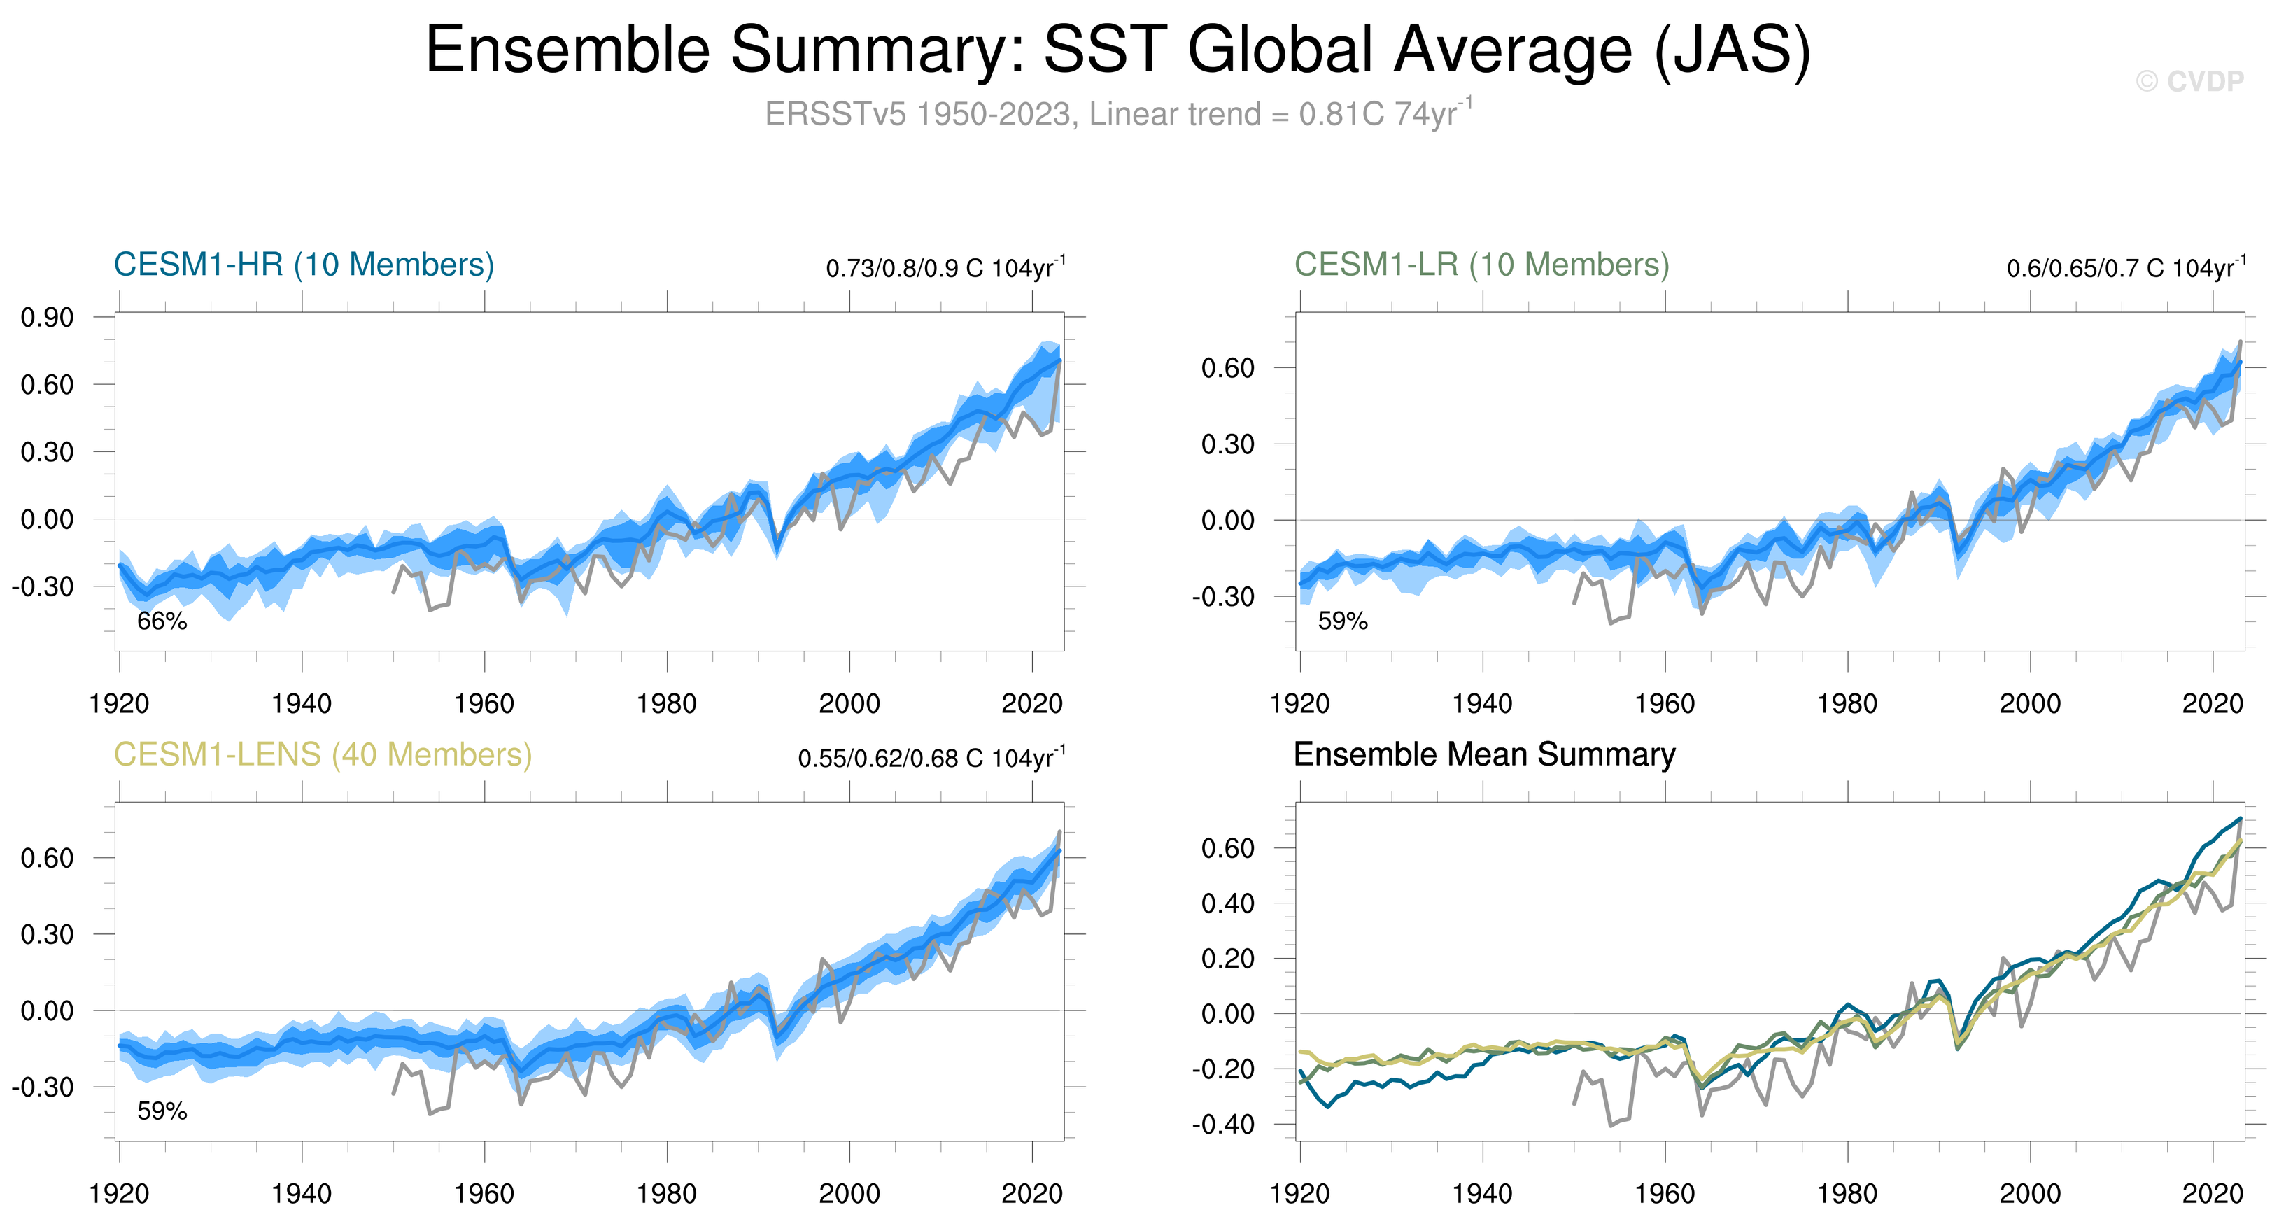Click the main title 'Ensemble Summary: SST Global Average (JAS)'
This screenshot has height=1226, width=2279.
(x=1118, y=50)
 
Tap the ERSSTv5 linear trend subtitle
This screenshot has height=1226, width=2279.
(x=1118, y=114)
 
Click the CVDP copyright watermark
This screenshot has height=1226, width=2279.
(x=2189, y=81)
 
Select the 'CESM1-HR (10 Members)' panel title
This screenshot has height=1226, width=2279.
(x=304, y=265)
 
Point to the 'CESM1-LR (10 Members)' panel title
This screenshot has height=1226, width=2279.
(x=1482, y=265)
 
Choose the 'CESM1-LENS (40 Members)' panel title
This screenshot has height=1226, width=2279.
(x=323, y=754)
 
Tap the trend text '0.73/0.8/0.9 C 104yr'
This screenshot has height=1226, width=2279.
(x=945, y=268)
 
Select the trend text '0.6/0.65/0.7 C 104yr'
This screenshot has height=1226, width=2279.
(x=2125, y=268)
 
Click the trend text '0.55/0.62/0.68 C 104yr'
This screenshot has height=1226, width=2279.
(x=931, y=758)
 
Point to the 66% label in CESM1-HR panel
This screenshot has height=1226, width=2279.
(x=162, y=621)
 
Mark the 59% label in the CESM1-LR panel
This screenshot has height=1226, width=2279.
(x=1343, y=621)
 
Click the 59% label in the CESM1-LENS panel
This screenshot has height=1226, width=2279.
(x=162, y=1111)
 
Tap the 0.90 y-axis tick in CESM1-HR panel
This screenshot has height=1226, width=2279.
(x=48, y=318)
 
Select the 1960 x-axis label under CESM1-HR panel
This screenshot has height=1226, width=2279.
(x=484, y=704)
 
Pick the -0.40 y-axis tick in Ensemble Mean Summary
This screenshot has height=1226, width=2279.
(x=1224, y=1125)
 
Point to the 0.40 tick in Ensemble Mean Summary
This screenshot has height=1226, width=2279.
(x=1228, y=903)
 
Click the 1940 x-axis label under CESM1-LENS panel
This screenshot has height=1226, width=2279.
(x=302, y=1194)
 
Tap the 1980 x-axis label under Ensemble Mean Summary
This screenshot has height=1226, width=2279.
(x=1847, y=1194)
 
